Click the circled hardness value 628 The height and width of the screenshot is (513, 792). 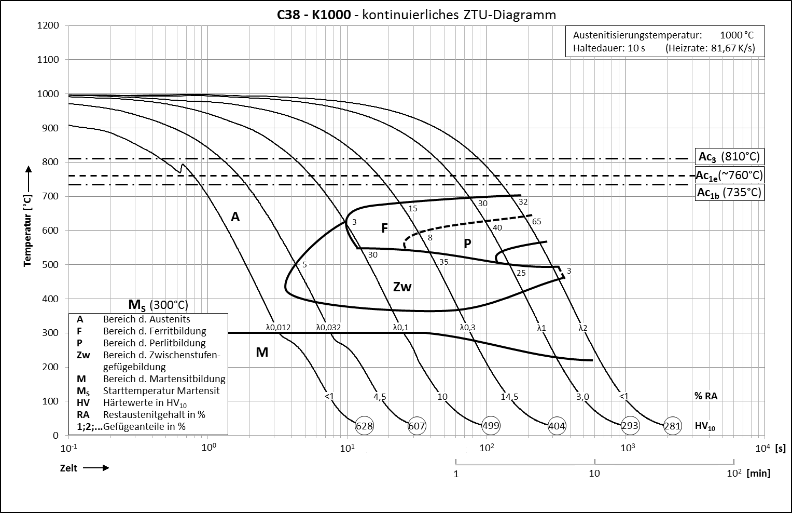[x=364, y=426]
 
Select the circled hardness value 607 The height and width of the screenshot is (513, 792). [x=416, y=426]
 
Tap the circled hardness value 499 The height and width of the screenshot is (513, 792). [x=490, y=426]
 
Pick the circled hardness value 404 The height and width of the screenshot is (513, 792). [x=557, y=426]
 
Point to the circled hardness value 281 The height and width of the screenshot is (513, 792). [x=672, y=426]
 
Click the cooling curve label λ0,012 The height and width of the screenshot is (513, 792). [x=278, y=327]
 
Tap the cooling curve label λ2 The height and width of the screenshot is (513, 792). [x=582, y=327]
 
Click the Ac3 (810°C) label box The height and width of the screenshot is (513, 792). [x=729, y=156]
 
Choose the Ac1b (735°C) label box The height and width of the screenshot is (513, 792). [x=729, y=193]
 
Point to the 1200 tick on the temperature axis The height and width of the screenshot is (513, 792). [x=49, y=25]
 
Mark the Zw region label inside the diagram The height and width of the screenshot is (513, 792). [x=402, y=287]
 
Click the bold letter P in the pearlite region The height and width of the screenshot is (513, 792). [x=467, y=244]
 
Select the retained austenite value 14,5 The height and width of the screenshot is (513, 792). [x=509, y=397]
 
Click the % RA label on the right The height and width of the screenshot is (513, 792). [x=706, y=396]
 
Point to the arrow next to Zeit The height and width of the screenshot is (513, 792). [x=96, y=468]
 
